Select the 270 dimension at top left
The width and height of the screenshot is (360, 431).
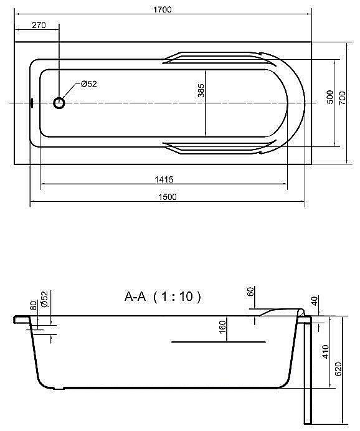pos(39,25)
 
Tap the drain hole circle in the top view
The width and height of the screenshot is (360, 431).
pos(60,103)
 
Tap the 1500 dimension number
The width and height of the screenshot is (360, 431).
pos(168,197)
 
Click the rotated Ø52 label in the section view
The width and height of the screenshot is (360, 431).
pos(44,299)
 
